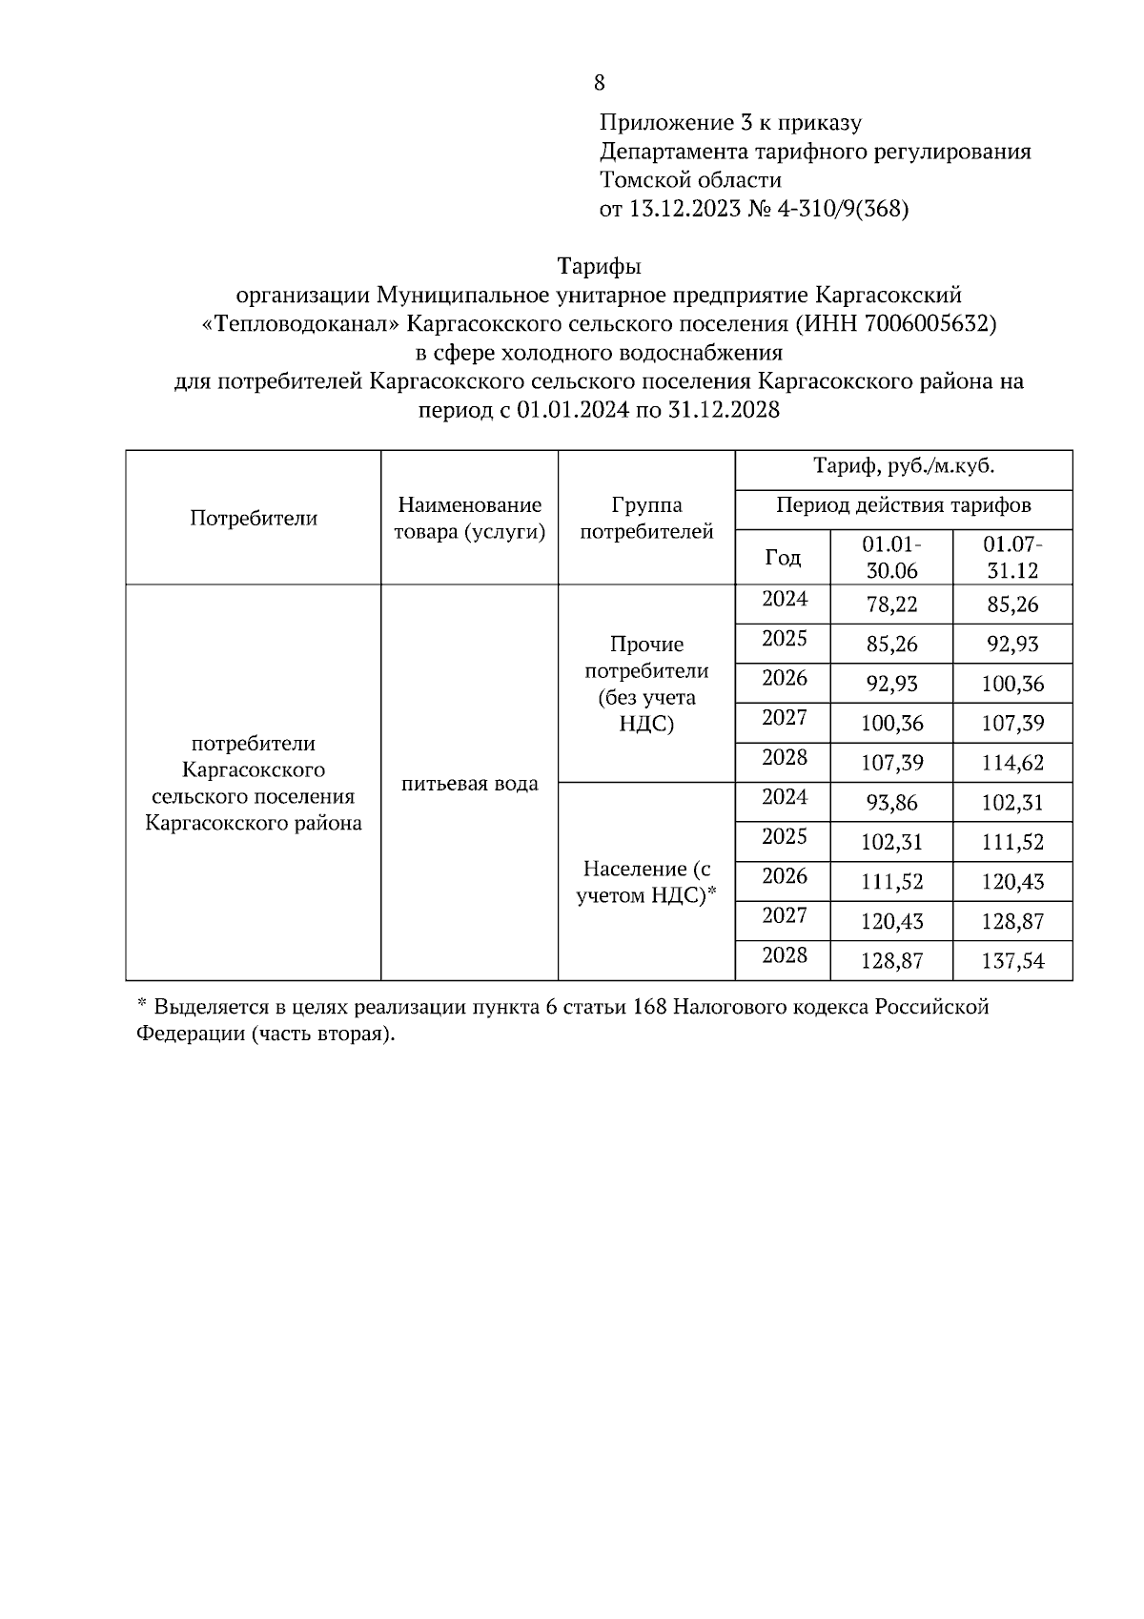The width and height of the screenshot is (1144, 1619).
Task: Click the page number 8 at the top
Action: pyautogui.click(x=599, y=83)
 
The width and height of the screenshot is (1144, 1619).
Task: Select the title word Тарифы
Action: pyautogui.click(x=600, y=266)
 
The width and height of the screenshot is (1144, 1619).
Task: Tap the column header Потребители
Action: pyautogui.click(x=253, y=518)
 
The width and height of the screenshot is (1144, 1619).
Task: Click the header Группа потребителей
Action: pyautogui.click(x=646, y=518)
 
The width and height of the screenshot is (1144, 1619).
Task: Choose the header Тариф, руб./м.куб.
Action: pyautogui.click(x=903, y=467)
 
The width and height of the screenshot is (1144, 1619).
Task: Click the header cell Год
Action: pyautogui.click(x=783, y=558)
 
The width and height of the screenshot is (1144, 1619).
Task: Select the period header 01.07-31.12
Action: pyautogui.click(x=1012, y=558)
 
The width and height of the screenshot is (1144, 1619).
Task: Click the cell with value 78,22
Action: pyautogui.click(x=891, y=605)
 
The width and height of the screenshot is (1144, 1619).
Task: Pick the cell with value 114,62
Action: pyautogui.click(x=1012, y=763)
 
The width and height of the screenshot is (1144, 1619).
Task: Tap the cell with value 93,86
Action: pyautogui.click(x=891, y=803)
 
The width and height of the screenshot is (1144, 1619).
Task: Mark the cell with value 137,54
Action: pyautogui.click(x=1012, y=961)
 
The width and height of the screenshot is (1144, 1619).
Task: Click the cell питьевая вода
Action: pyautogui.click(x=469, y=784)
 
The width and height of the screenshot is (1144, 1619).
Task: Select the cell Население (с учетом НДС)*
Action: pyautogui.click(x=646, y=882)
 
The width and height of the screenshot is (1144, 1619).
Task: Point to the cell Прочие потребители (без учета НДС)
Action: pyautogui.click(x=646, y=684)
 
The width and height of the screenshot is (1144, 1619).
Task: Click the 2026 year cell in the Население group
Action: pyautogui.click(x=784, y=876)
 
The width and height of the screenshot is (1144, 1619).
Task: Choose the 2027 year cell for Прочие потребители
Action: pyautogui.click(x=784, y=718)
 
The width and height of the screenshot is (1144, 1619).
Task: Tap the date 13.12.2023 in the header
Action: pyautogui.click(x=684, y=208)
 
